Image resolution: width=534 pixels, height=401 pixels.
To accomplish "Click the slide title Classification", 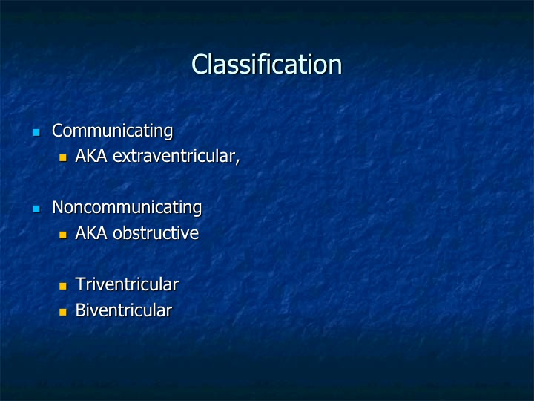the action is point(267,64).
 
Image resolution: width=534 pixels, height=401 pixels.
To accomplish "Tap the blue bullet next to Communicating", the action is point(36,132).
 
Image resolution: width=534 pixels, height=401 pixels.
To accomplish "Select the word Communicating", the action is point(113,131).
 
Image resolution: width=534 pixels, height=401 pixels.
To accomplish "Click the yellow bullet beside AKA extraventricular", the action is point(62,157).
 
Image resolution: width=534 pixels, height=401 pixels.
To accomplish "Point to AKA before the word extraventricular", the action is point(91,156).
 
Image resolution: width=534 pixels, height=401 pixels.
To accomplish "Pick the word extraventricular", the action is point(174,157).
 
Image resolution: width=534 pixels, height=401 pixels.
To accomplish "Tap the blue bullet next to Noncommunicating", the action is point(36,209).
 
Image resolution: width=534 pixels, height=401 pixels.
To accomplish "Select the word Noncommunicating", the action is point(127,208).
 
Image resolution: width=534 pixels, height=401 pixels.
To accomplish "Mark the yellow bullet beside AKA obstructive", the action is point(62,235).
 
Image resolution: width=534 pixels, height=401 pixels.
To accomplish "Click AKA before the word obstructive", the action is point(91,233).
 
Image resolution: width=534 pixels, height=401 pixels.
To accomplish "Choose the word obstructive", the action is point(156,233).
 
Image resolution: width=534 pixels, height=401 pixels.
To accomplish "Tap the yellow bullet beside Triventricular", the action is point(62,286).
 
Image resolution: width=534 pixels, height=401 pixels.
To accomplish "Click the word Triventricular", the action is point(127,284).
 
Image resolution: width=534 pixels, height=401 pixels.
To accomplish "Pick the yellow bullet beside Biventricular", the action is point(62,312).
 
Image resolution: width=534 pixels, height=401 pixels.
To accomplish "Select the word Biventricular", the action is point(124,310).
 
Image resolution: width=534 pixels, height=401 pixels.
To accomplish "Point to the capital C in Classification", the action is point(200,64).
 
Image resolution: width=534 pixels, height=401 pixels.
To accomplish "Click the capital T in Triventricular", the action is point(81,284).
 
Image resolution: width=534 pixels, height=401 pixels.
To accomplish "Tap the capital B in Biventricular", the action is point(80,310).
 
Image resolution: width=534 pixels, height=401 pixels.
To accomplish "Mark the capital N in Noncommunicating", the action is point(58,207).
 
